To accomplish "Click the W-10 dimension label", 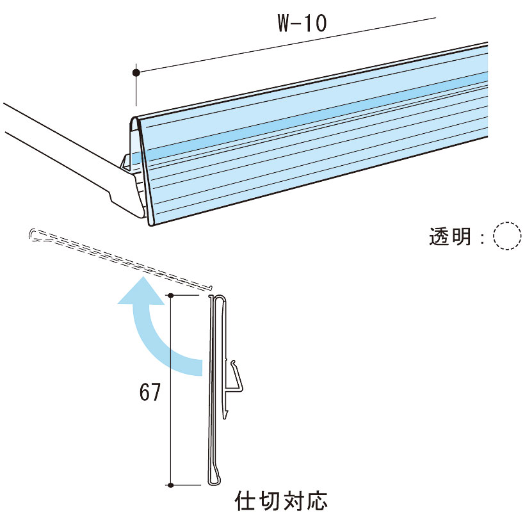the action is [302, 23].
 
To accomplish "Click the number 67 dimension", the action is [150, 392].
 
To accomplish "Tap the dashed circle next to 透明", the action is [507, 236].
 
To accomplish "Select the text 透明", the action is [450, 236].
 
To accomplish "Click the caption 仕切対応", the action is [281, 501].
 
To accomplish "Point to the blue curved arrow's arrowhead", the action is [141, 291].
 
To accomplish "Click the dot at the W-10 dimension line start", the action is [136, 72].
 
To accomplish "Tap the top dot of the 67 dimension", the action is [171, 295].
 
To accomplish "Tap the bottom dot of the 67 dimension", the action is [171, 485].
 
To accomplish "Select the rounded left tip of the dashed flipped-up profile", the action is [33, 234].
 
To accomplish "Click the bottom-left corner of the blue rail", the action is [150, 225].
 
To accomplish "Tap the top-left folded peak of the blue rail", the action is [134, 118].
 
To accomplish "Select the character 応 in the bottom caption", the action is [316, 501].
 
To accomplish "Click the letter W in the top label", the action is [285, 23].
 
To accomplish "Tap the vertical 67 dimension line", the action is [171, 390].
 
